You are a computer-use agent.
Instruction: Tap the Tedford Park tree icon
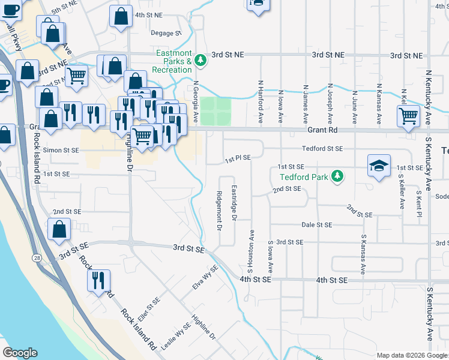coord(339,176)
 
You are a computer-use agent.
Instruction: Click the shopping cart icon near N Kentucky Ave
coord(408,115)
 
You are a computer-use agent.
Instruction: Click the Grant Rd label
coord(324,130)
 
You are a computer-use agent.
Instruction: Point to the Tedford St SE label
coord(322,148)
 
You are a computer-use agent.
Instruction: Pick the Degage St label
coord(166,34)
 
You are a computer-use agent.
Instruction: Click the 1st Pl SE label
coord(237,157)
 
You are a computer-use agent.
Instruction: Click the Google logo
coord(20,353)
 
